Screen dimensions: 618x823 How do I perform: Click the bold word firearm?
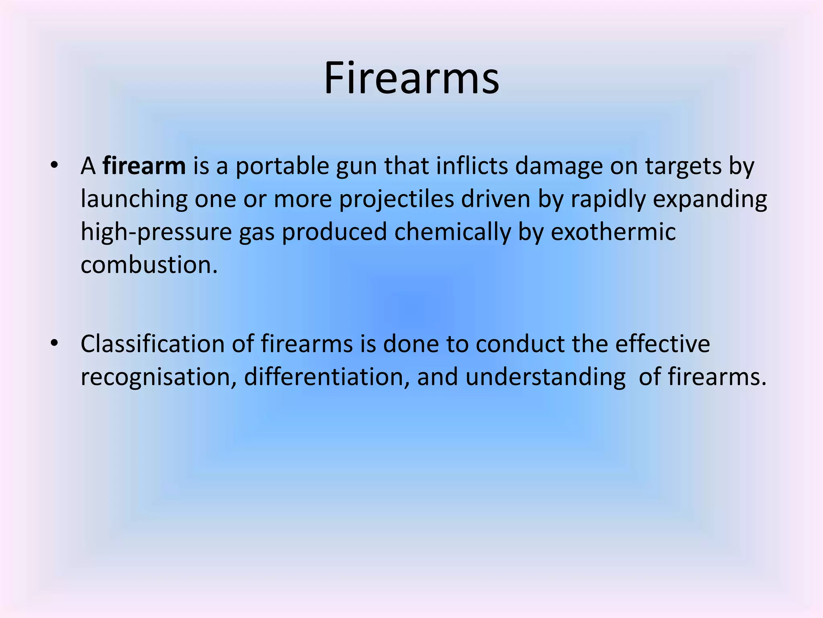(x=144, y=166)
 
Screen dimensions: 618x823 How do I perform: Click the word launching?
(x=134, y=200)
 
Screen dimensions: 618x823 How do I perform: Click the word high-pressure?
(x=156, y=233)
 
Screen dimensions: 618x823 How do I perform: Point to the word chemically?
(x=452, y=233)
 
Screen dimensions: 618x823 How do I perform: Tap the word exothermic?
(x=613, y=232)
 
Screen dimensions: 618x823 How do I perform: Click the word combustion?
(x=149, y=265)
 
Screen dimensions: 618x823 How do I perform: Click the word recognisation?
(x=158, y=377)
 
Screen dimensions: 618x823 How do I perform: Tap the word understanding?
(x=545, y=377)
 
